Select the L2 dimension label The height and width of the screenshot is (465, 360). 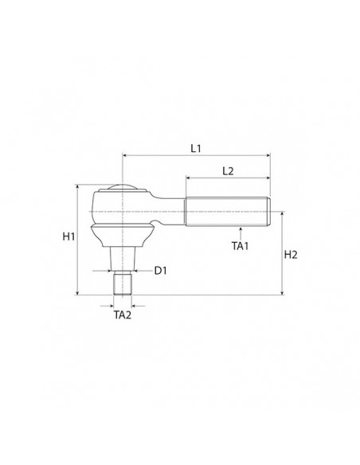228,170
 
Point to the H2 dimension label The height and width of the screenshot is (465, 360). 291,255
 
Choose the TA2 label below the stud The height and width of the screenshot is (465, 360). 123,315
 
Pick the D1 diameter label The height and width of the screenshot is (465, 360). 160,271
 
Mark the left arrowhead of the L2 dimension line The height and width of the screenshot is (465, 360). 190,178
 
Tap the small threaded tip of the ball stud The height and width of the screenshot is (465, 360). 123,283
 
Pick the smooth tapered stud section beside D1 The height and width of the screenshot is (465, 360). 123,259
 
